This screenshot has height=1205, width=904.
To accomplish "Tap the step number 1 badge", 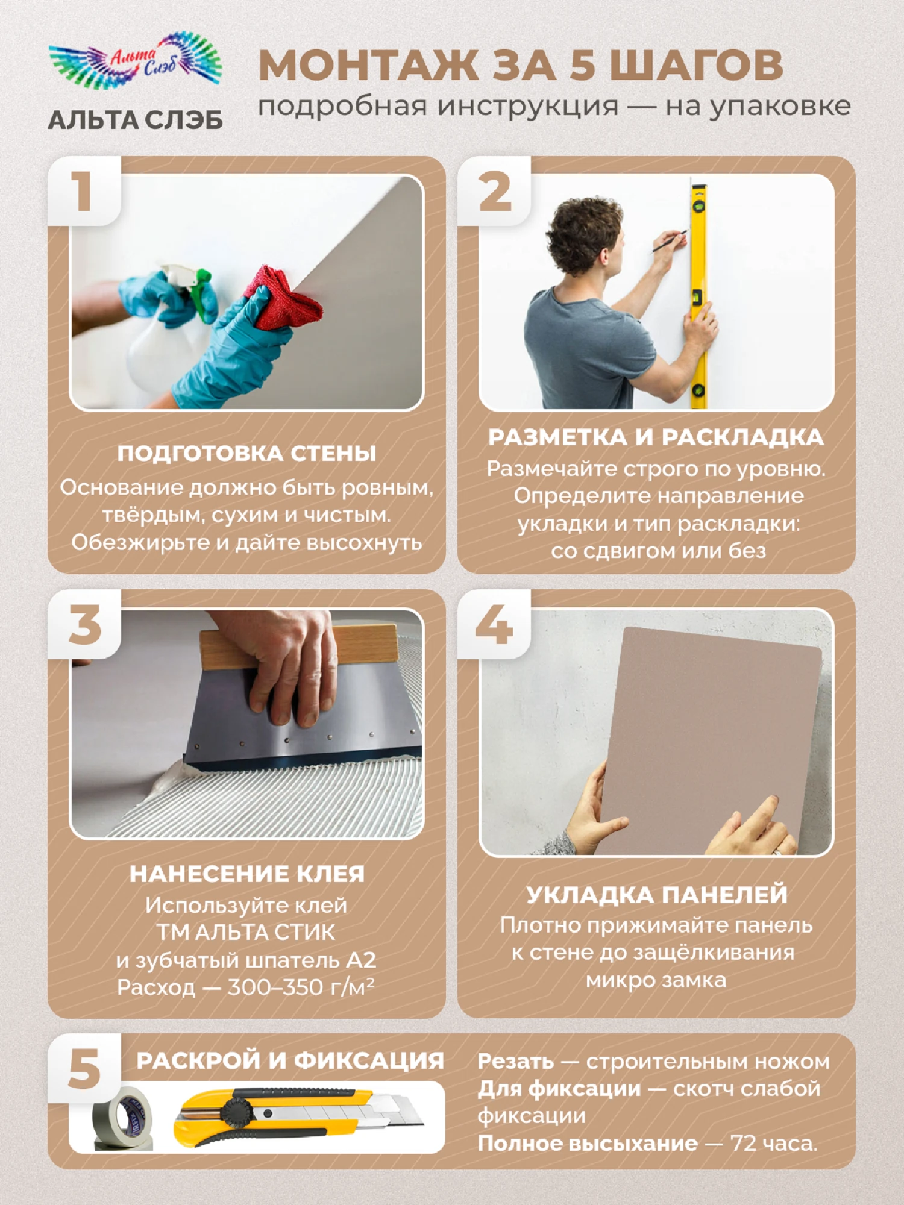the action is click(84, 191).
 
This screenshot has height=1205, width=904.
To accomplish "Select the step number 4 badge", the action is click(494, 624).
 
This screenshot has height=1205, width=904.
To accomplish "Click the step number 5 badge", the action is click(84, 1069).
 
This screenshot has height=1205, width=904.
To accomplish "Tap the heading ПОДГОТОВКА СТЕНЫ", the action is click(246, 453).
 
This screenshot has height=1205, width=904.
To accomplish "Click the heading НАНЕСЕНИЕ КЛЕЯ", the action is click(247, 874).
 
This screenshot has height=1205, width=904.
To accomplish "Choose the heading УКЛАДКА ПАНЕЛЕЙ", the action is click(657, 894).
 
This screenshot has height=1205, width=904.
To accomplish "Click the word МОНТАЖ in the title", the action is click(368, 64).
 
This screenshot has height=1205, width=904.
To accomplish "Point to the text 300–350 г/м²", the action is click(301, 987).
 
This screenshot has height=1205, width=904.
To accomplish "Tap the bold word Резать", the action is click(516, 1062).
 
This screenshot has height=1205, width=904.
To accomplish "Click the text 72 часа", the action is click(774, 1143).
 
